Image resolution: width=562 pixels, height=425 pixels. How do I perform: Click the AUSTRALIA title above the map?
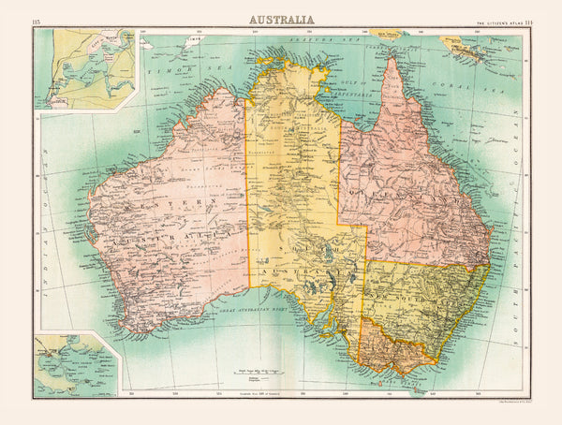(281, 19)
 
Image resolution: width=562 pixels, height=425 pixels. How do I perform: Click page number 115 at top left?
(37, 22)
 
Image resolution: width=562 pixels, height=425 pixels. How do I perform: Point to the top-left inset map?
(85, 68)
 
